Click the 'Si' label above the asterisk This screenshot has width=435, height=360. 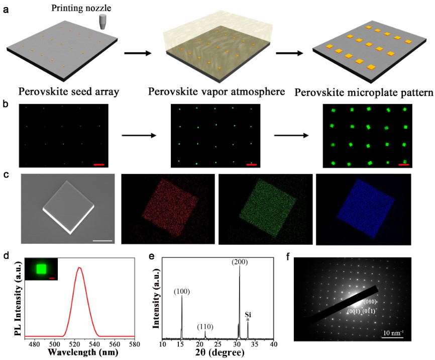[x=248, y=314]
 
